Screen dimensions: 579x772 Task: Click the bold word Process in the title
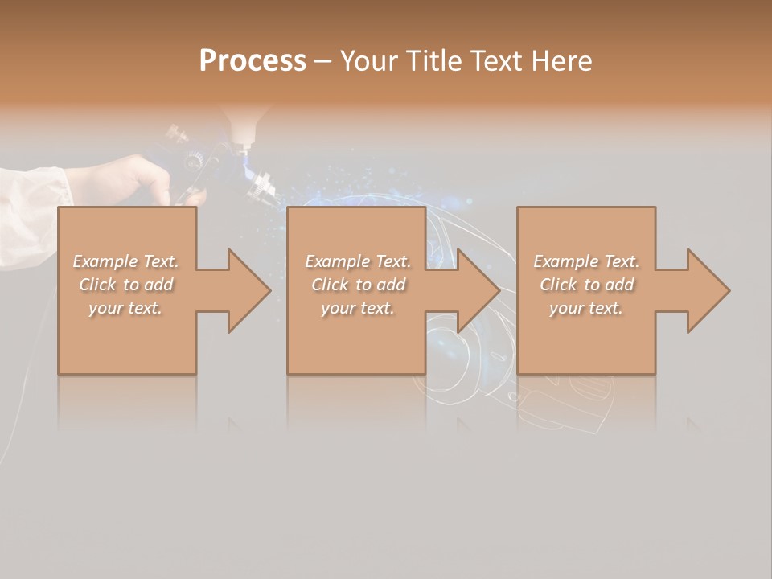[x=253, y=61]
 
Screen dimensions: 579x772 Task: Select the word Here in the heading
[x=561, y=61]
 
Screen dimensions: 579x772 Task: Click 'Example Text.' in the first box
[x=125, y=261]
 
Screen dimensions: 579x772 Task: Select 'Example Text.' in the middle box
[x=358, y=261]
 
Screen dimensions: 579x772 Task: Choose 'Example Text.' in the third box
[x=586, y=261]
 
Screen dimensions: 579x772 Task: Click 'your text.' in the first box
[x=125, y=308]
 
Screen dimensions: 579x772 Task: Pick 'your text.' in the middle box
[x=358, y=308]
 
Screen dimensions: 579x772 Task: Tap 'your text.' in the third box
[x=586, y=308]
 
